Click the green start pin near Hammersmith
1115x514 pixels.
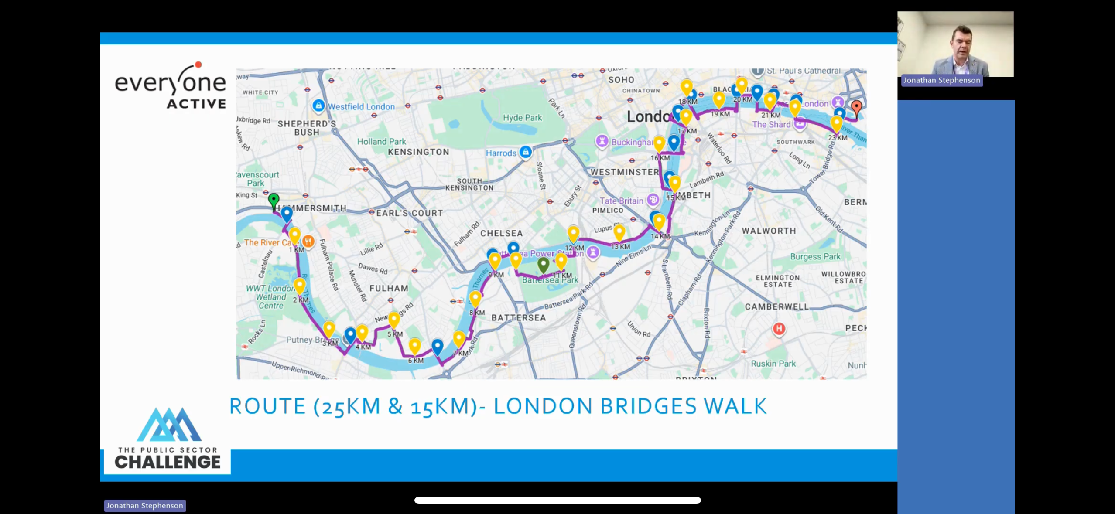tap(274, 201)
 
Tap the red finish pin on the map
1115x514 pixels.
tap(856, 107)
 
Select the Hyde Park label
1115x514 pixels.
tap(522, 118)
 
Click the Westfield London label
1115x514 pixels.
tap(361, 106)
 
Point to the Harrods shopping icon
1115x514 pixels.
tap(526, 152)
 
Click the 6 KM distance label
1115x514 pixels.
tap(415, 361)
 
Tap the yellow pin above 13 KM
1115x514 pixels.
tap(619, 232)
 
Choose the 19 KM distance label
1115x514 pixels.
tap(720, 114)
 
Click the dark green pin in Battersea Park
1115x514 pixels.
tap(543, 264)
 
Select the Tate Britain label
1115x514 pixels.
tap(621, 201)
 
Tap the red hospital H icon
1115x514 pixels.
tap(779, 328)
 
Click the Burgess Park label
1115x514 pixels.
tap(815, 256)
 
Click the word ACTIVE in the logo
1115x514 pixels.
tap(196, 104)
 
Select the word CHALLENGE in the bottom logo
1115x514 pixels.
tap(168, 462)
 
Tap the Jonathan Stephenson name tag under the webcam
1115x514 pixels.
tap(941, 80)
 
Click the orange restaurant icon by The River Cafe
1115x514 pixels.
tap(308, 241)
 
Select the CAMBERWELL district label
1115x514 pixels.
tap(776, 306)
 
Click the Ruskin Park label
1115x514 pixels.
tap(773, 364)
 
